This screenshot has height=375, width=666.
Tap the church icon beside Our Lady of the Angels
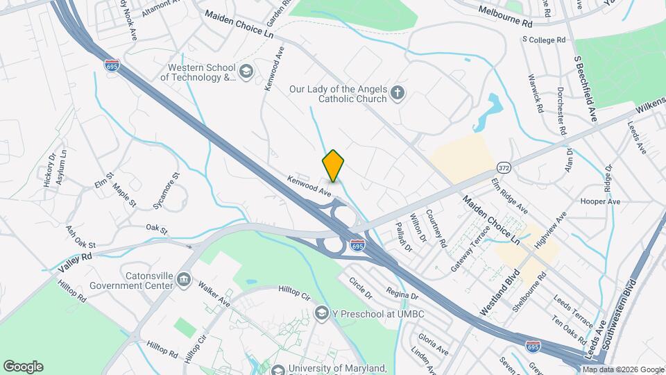click(x=398, y=93)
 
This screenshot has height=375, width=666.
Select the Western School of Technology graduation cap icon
click(x=246, y=72)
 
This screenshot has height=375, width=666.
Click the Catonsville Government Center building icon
click(x=184, y=280)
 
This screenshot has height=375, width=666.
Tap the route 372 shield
click(x=504, y=169)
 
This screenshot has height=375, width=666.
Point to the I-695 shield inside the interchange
click(x=357, y=245)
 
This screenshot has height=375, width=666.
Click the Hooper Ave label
click(x=600, y=201)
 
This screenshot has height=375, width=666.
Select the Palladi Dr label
click(x=403, y=237)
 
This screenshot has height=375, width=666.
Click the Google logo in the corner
click(x=23, y=366)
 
